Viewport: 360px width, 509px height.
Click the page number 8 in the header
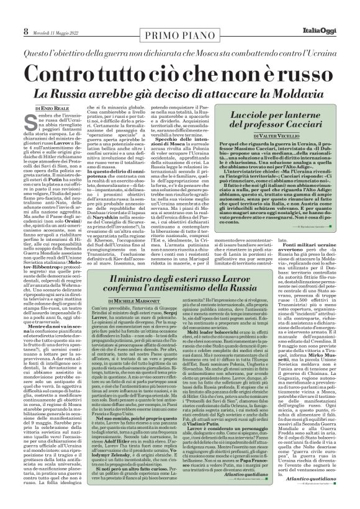[x=9, y=14]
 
